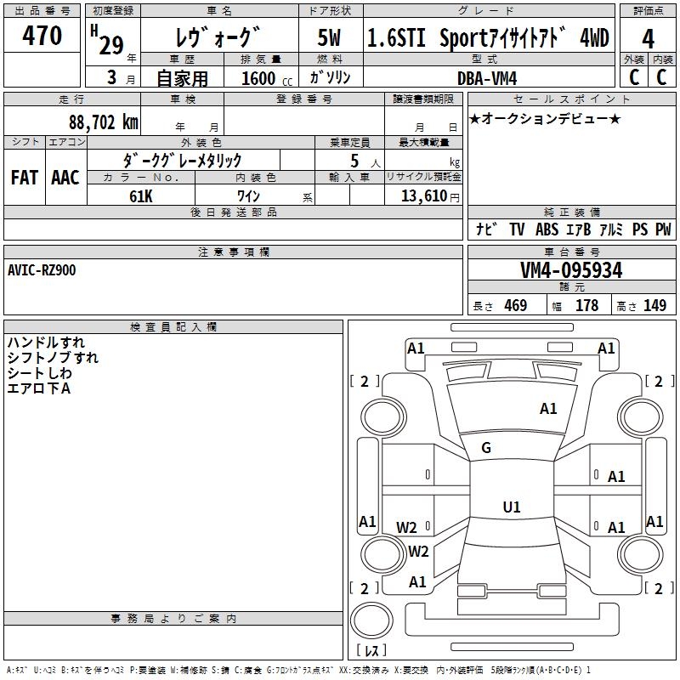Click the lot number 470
coord(43,36)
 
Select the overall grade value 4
coord(648,39)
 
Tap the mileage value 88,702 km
coord(102,122)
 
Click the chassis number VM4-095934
coord(571,270)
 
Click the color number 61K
coord(141,195)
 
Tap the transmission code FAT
coord(25,177)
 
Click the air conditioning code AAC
coord(65,177)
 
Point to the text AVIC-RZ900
coord(42,269)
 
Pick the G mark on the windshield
coord(486,447)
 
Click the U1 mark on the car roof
coord(511,507)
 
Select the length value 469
coord(515,306)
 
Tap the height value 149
coord(654,306)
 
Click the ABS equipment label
coord(547,229)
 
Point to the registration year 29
coord(110,47)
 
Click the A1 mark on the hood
coord(548,409)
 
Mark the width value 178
coord(586,306)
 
